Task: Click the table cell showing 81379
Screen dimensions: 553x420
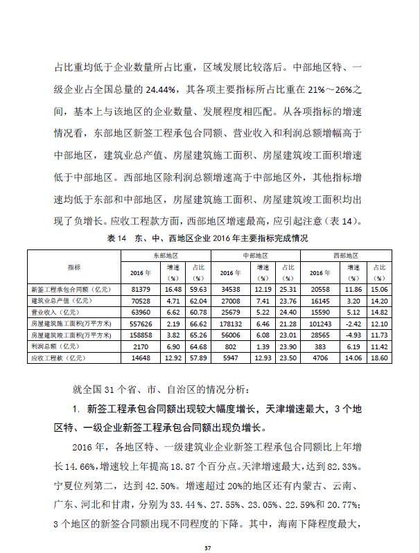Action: [x=141, y=288]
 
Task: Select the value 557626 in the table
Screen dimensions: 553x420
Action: [x=141, y=323]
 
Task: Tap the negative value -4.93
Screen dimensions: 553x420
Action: [x=353, y=334]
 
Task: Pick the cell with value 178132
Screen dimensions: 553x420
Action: [x=231, y=323]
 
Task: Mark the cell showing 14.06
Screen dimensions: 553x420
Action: [x=353, y=358]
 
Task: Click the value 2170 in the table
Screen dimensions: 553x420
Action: [x=141, y=346]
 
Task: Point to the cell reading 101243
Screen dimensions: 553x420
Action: [x=322, y=323]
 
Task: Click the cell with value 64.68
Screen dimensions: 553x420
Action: [x=198, y=346]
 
